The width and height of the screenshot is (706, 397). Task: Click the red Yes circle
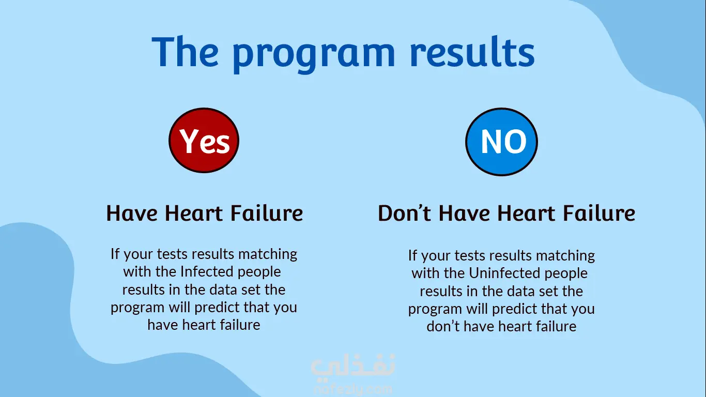click(204, 140)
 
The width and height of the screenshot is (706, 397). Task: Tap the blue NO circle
click(501, 142)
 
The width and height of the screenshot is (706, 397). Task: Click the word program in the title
click(314, 54)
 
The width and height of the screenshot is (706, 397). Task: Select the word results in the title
click(472, 51)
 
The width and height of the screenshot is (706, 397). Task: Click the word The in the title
click(185, 51)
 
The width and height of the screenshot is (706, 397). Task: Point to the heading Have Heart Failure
click(205, 213)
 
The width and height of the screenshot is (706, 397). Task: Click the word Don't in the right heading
click(404, 213)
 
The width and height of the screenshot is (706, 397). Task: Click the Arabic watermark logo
click(352, 366)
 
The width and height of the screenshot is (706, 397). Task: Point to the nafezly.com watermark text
click(353, 390)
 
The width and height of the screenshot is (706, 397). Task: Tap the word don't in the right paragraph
click(443, 326)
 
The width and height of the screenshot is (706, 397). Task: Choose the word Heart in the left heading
click(194, 213)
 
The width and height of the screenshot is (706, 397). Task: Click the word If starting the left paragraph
click(115, 254)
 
